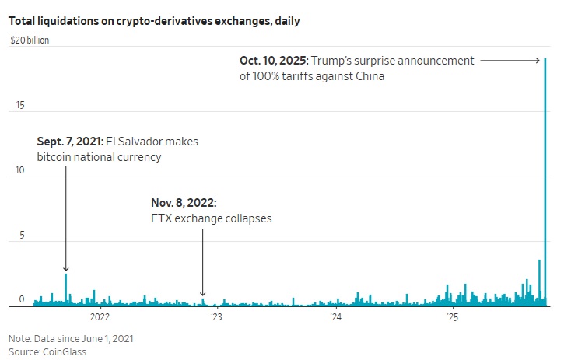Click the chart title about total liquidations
tap(154, 21)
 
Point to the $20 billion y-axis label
tap(29, 40)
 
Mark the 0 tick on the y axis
tap(22, 299)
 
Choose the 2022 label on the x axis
tap(100, 317)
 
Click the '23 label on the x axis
tap(216, 317)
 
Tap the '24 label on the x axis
tap(335, 317)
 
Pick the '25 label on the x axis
tap(453, 317)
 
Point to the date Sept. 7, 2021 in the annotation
tap(69, 142)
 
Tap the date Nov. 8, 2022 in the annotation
tap(184, 203)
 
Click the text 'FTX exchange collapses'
tap(212, 218)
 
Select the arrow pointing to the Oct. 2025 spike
tap(510, 60)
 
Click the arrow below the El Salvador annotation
tap(66, 218)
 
